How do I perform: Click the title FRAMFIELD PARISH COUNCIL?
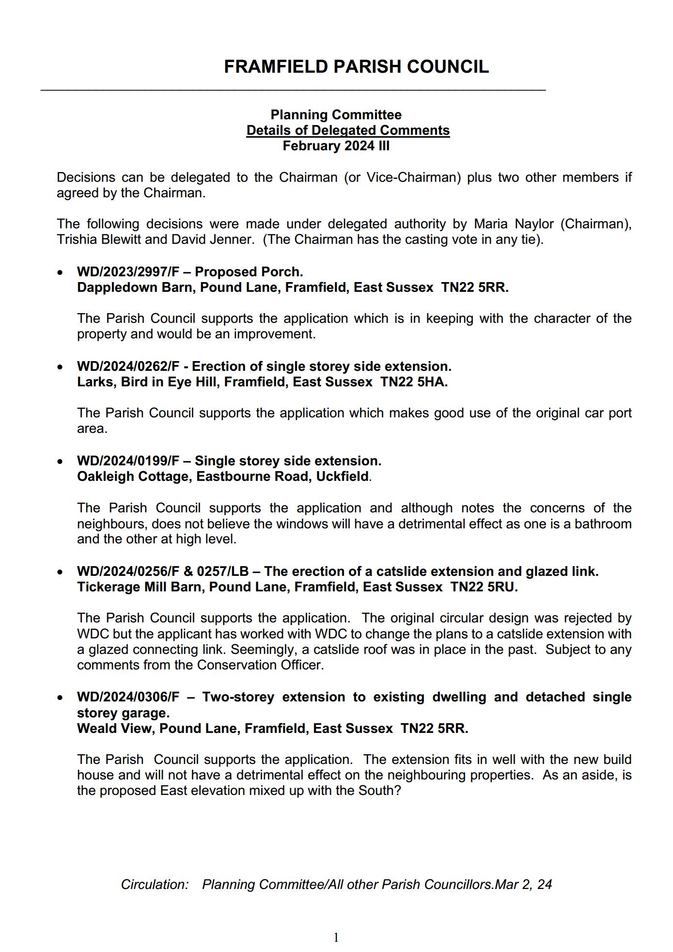click(x=356, y=67)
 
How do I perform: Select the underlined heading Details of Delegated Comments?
click(x=348, y=130)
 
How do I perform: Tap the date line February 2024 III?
click(x=336, y=146)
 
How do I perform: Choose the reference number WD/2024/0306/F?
click(x=128, y=697)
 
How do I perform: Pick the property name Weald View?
click(x=114, y=729)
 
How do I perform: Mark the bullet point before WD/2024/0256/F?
click(x=60, y=572)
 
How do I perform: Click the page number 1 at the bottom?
click(x=336, y=938)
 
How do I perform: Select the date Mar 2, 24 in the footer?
click(x=524, y=885)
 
